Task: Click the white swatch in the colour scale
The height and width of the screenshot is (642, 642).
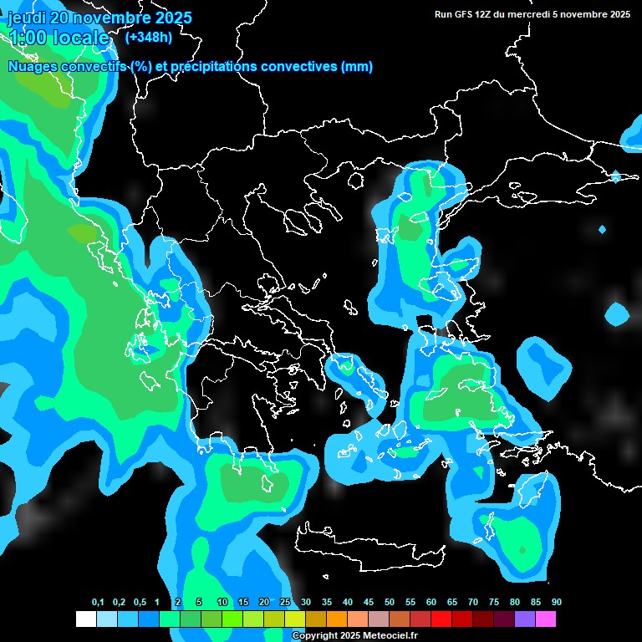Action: point(85,619)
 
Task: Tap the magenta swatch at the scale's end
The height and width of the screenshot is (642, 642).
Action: point(545,619)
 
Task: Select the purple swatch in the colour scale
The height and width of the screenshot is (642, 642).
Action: point(524,619)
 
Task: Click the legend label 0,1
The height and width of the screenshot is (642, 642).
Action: point(98,603)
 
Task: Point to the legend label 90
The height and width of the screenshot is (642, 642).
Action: point(557,603)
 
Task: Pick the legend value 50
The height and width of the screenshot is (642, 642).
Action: point(390,603)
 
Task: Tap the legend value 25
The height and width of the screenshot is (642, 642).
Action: point(285,603)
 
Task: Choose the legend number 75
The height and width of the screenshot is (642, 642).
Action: point(494,603)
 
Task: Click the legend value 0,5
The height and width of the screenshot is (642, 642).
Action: point(139,603)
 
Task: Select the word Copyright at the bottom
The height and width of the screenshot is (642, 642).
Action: point(315,636)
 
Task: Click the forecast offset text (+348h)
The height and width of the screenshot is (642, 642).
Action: point(148,38)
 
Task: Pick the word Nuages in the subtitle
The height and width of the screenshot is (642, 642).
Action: point(30,67)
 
